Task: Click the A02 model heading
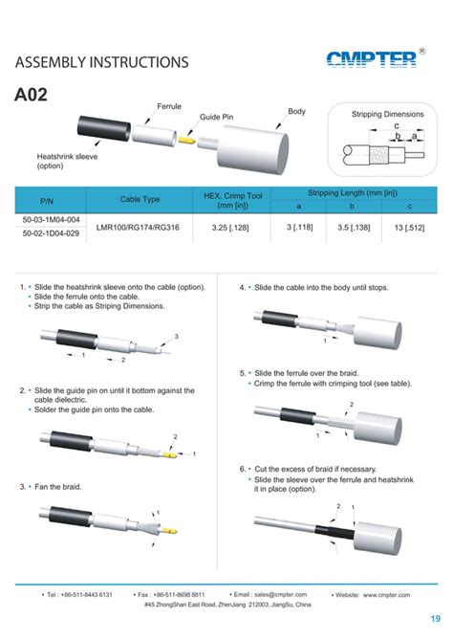pos(32,96)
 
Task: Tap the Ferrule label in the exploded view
pos(169,105)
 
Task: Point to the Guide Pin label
pos(216,117)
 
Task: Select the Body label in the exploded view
pos(296,112)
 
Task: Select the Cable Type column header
pos(140,198)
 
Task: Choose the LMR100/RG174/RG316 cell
pos(140,227)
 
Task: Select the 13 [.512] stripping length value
pos(409,227)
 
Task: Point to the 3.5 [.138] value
pos(353,227)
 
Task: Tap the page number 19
pos(434,617)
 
